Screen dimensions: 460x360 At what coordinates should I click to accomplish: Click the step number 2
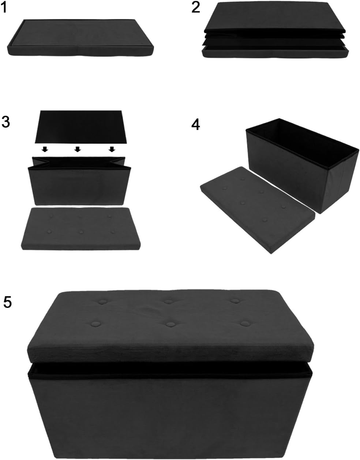(196, 7)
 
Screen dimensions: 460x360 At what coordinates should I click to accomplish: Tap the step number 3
(5, 122)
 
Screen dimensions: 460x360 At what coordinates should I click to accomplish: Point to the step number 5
(8, 302)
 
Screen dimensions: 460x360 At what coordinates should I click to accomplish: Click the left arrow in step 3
(44, 149)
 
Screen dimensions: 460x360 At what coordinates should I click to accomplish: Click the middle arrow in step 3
(78, 149)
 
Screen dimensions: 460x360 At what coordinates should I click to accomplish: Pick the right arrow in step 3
(112, 149)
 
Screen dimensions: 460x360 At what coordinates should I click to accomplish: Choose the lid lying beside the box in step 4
(256, 208)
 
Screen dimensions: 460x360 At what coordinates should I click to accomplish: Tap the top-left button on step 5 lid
(102, 302)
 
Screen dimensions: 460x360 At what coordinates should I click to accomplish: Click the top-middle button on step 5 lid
(168, 302)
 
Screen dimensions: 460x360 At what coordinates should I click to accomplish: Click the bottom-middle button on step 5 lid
(170, 324)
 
